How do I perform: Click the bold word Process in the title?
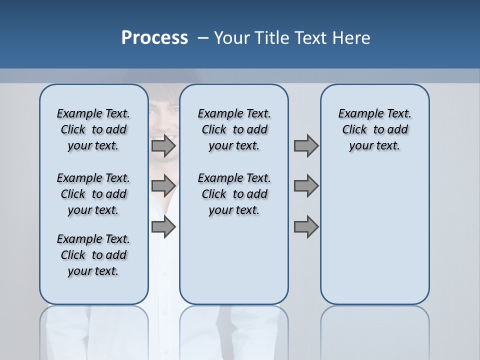coord(154,37)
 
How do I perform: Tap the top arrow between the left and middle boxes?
coord(163,145)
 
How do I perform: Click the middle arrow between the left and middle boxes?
coord(163,186)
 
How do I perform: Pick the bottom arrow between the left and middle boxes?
coord(163,227)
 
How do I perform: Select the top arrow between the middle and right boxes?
coord(306,145)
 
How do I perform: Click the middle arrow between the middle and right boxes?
coord(306,186)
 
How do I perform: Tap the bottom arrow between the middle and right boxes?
coord(306,227)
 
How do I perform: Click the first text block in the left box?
coord(93,129)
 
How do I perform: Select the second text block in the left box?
coord(93,194)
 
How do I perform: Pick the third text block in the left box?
coord(93,255)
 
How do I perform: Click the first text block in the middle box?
coord(234,129)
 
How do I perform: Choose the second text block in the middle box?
coord(234,194)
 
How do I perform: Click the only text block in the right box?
coord(374,129)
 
